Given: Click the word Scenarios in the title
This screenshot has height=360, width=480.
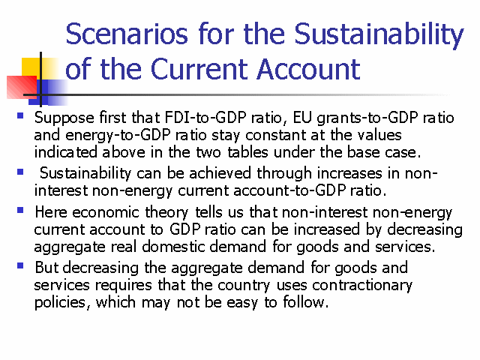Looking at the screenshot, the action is [x=127, y=34].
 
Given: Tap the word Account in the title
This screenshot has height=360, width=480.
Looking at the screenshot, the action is [x=308, y=69].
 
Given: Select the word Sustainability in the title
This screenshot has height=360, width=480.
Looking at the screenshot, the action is [x=379, y=35].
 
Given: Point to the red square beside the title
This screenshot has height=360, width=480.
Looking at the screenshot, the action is [x=22, y=87].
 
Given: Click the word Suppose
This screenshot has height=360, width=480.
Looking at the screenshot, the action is [x=64, y=118].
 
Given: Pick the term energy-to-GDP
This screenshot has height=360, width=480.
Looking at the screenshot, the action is [x=118, y=136].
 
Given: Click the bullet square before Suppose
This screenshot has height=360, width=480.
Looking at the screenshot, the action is [x=20, y=115].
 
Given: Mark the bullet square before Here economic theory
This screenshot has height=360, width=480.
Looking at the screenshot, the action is [x=20, y=210].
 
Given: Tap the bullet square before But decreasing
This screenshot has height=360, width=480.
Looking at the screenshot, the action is [x=20, y=265].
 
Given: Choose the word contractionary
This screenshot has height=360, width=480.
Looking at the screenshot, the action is [x=362, y=286].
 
